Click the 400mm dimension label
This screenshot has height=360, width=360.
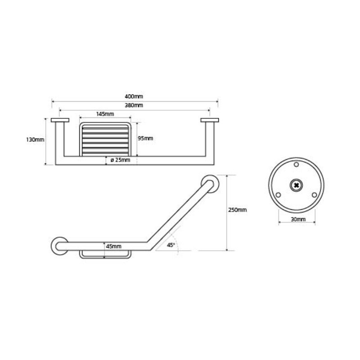click(x=134, y=96)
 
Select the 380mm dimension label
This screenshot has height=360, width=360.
click(x=134, y=105)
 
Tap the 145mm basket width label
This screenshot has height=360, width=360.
click(x=105, y=114)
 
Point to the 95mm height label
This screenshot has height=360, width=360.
click(x=145, y=139)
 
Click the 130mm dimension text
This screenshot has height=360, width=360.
click(x=35, y=139)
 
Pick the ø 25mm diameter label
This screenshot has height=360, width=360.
click(x=120, y=160)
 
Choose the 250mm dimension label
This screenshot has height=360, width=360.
click(x=238, y=210)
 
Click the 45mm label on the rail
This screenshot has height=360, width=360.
click(x=114, y=246)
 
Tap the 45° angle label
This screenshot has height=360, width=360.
click(x=171, y=245)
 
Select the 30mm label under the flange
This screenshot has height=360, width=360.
click(x=298, y=219)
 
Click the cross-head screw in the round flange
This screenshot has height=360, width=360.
click(x=296, y=185)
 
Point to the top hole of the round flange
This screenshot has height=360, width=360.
click(x=296, y=164)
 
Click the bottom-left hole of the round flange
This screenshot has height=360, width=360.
click(x=278, y=195)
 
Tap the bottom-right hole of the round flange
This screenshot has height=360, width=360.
click(x=314, y=195)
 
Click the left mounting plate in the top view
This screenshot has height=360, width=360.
click(x=60, y=120)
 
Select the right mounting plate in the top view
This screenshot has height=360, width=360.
click(x=210, y=120)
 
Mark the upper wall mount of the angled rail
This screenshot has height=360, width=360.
click(x=210, y=184)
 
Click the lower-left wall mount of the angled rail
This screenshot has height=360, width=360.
click(x=60, y=246)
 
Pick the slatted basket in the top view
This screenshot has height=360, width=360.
click(x=105, y=139)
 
